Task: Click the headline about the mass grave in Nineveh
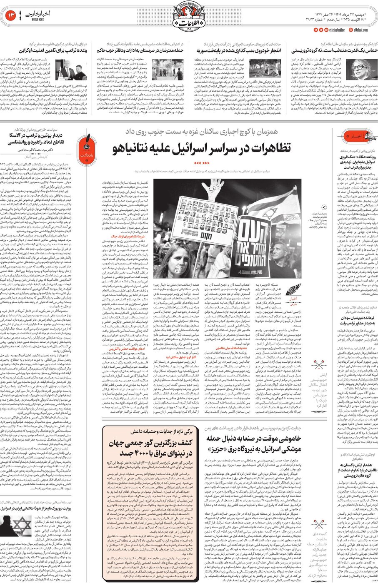click(x=150, y=448)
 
